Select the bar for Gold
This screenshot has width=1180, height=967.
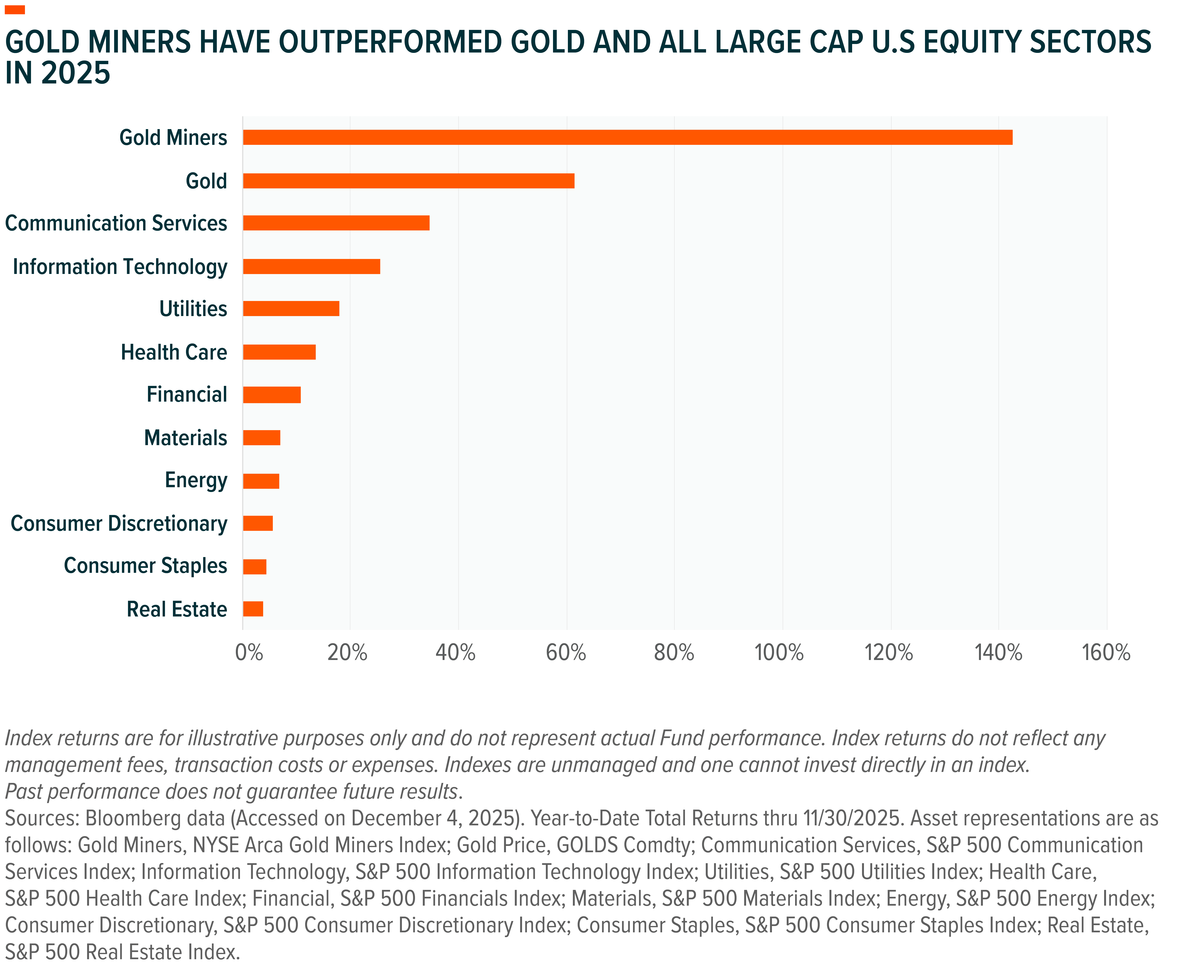pos(409,181)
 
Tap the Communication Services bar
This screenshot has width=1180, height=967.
pos(336,223)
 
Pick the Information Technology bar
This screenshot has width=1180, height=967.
pos(312,267)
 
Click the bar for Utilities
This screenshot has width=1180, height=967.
pos(291,309)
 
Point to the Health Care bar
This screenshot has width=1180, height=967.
pos(279,352)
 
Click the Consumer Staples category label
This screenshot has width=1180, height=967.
pos(145,566)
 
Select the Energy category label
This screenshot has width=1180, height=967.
pos(196,480)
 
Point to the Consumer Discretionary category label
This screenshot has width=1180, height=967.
pos(119,524)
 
